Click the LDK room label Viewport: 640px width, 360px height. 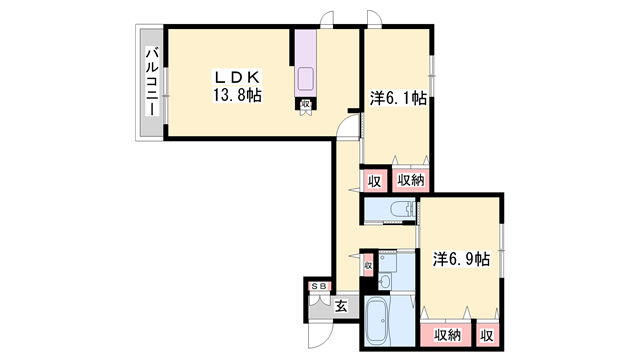238,77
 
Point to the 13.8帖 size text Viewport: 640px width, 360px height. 238,95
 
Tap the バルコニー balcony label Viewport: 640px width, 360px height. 152,81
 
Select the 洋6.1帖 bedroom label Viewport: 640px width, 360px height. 398,98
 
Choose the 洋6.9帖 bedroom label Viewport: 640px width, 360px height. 461,259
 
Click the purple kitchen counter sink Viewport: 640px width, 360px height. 306,79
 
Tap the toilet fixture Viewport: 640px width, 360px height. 402,209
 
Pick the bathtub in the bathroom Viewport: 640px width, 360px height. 376,320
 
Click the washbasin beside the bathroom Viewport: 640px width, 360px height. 384,281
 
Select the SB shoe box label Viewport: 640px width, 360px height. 319,287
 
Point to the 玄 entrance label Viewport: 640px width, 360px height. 341,306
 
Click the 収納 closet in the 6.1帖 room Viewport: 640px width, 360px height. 411,180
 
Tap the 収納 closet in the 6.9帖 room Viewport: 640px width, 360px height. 447,336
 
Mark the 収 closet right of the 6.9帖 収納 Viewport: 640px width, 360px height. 487,336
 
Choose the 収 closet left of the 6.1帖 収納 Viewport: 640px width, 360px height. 374,181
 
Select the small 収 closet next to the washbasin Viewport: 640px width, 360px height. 368,266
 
